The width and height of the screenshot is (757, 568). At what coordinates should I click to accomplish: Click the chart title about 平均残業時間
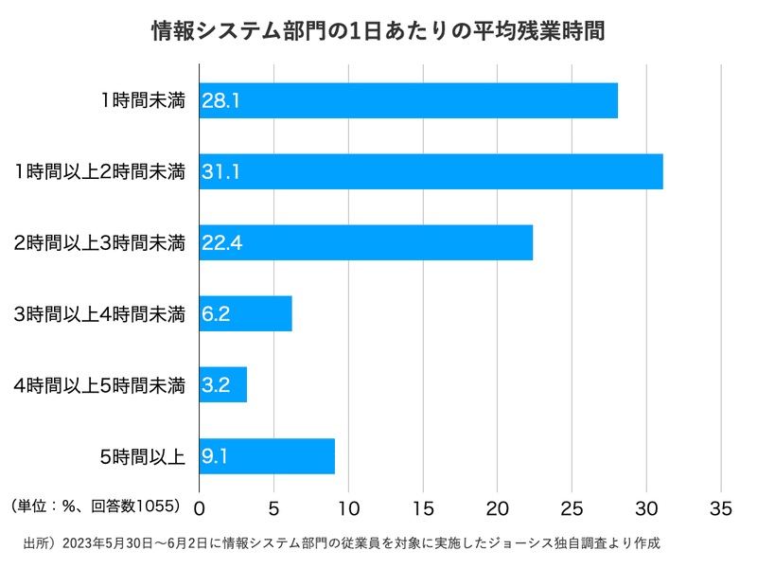pyautogui.click(x=378, y=31)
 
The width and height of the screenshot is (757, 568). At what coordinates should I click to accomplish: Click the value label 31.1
pyautogui.click(x=220, y=171)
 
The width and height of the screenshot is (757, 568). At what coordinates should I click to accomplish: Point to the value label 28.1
pyautogui.click(x=220, y=100)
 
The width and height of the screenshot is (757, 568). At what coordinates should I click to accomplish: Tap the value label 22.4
pyautogui.click(x=222, y=242)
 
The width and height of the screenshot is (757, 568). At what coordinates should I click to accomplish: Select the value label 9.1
pyautogui.click(x=215, y=455)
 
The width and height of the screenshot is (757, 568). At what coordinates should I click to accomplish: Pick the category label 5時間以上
pyautogui.click(x=142, y=455)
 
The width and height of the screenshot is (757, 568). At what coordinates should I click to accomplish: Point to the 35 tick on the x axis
pyautogui.click(x=721, y=507)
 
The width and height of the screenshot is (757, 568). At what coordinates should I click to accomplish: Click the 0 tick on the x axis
pyautogui.click(x=200, y=507)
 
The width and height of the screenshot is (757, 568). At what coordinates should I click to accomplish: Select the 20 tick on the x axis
pyautogui.click(x=498, y=507)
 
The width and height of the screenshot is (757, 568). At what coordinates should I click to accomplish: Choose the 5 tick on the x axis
pyautogui.click(x=273, y=507)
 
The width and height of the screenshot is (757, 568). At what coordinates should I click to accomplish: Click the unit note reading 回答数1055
pyautogui.click(x=95, y=506)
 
